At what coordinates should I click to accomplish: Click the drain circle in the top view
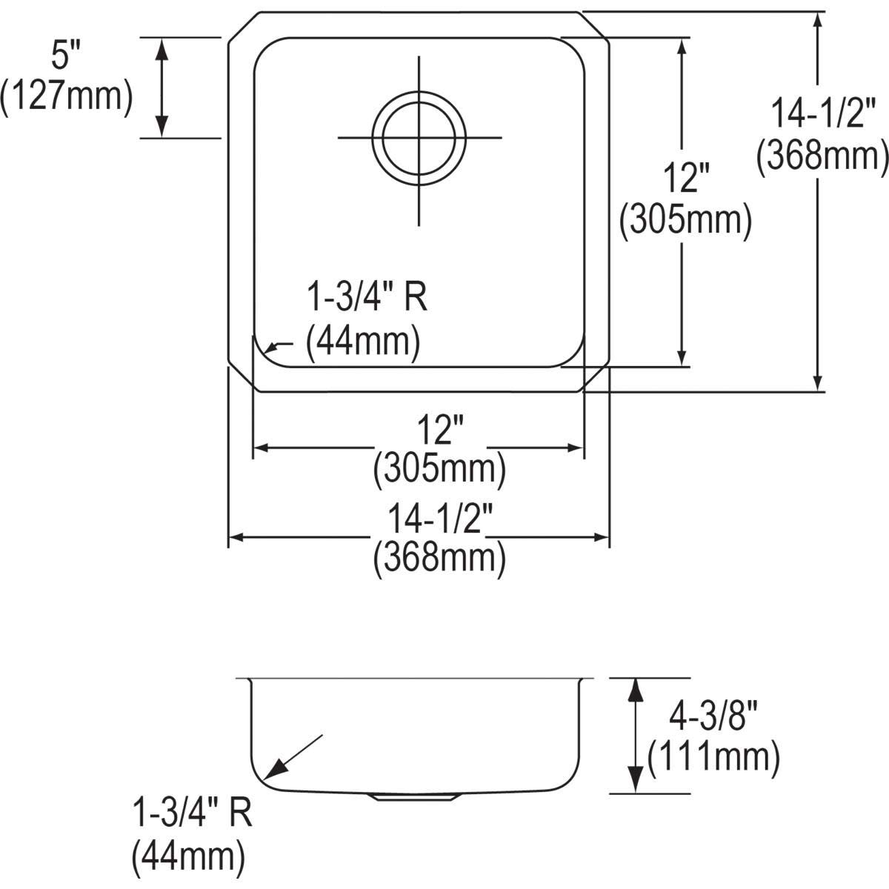pyautogui.click(x=419, y=138)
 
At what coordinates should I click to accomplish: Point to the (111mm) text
pyautogui.click(x=713, y=757)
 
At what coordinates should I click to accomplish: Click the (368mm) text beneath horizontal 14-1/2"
pyautogui.click(x=439, y=559)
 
